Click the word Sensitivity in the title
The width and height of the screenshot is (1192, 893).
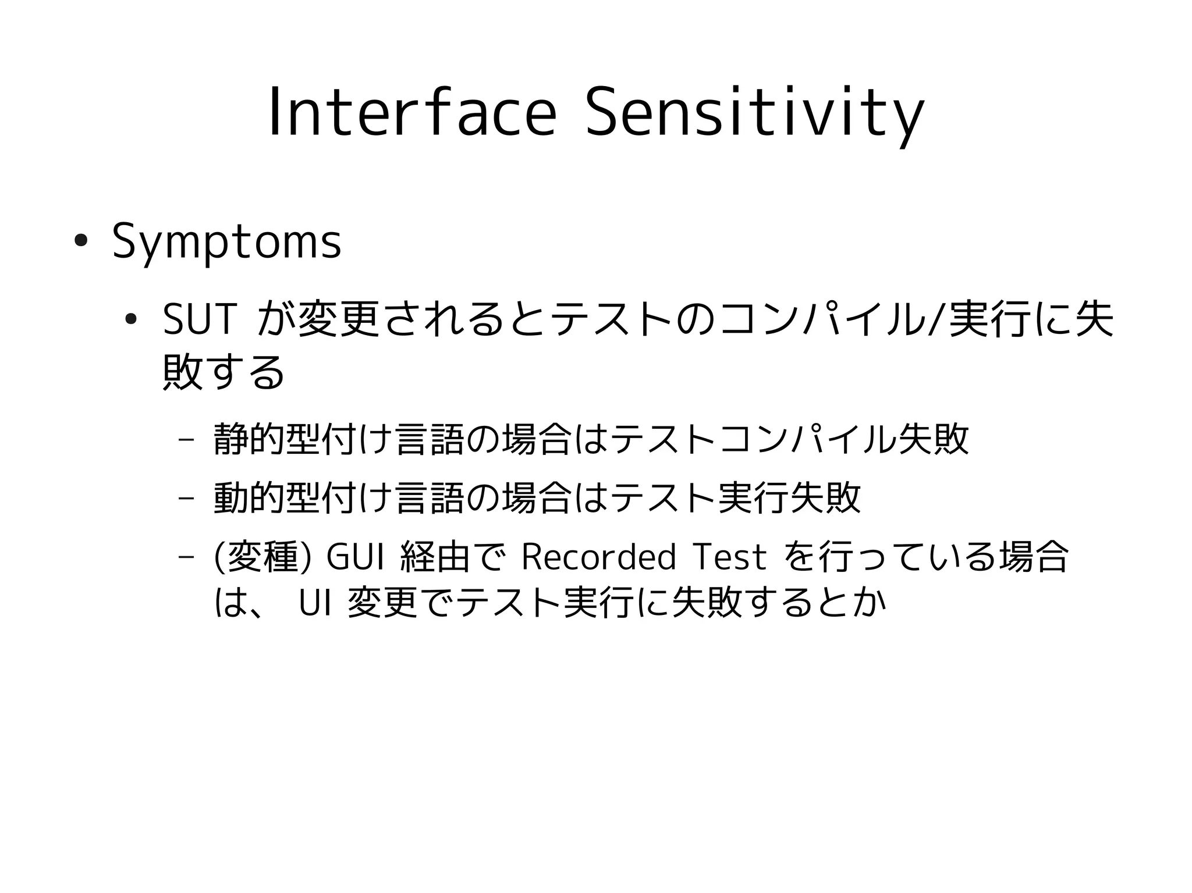pyautogui.click(x=754, y=113)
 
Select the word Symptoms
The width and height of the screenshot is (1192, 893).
pyautogui.click(x=226, y=241)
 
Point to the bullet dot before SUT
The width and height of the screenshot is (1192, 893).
pyautogui.click(x=131, y=318)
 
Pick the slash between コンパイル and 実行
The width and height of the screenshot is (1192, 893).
pyautogui.click(x=935, y=320)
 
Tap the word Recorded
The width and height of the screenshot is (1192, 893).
pyautogui.click(x=598, y=557)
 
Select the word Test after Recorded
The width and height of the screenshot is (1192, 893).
pyautogui.click(x=730, y=557)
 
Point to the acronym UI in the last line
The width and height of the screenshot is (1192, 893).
pyautogui.click(x=315, y=604)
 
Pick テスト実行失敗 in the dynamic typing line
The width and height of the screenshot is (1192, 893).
pyautogui.click(x=736, y=497)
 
